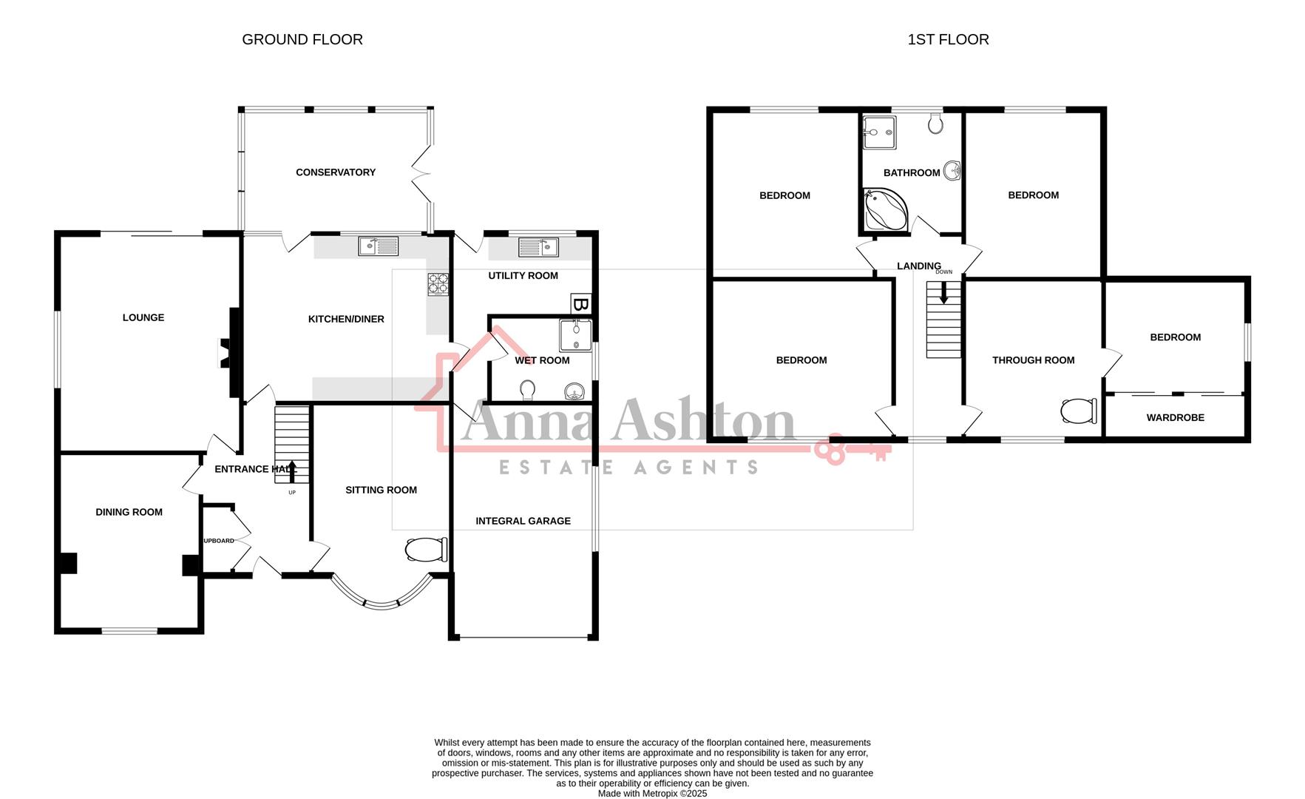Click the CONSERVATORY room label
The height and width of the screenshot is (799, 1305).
click(336, 172)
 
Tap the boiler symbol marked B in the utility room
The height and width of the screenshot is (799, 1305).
click(581, 304)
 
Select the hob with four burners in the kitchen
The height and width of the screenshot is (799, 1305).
click(438, 284)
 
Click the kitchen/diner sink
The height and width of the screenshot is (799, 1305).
click(378, 246)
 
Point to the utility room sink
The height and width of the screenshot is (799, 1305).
click(538, 247)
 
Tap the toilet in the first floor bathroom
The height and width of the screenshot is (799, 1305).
click(935, 123)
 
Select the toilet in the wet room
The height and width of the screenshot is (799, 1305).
click(528, 389)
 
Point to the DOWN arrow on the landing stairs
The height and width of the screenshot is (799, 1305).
click(943, 293)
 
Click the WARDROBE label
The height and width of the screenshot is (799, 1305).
click(1175, 418)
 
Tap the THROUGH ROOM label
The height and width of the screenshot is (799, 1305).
click(1033, 360)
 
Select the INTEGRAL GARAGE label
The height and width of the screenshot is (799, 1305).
click(523, 521)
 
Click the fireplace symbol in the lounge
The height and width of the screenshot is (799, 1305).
click(224, 354)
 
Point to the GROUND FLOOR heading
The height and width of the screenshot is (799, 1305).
click(302, 40)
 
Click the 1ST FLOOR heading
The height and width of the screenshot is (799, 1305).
click(948, 40)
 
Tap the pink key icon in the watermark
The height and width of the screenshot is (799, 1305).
click(850, 450)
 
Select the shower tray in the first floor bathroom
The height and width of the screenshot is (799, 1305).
click(878, 132)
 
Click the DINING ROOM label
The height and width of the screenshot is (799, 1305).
click(129, 512)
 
